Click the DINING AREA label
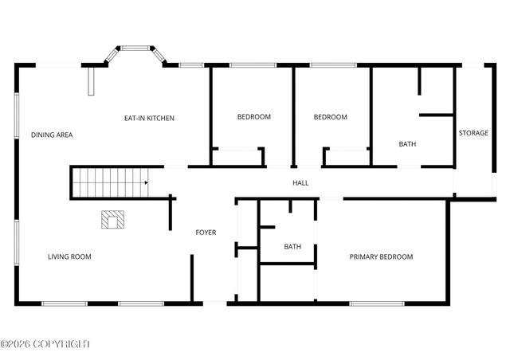(x=52, y=135)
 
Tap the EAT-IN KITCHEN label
(x=149, y=119)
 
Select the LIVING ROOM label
(x=69, y=256)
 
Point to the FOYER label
(x=206, y=233)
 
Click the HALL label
(x=300, y=183)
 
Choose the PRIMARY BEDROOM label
(x=381, y=256)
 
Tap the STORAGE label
(x=473, y=133)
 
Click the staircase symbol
(x=110, y=182)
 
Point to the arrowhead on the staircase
(x=146, y=183)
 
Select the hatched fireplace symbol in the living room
(x=112, y=219)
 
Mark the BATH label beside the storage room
(x=407, y=144)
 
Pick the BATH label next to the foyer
(x=292, y=247)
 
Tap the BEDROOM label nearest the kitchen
(x=254, y=117)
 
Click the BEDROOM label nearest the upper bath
(x=330, y=117)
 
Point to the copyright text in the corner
(x=45, y=344)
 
